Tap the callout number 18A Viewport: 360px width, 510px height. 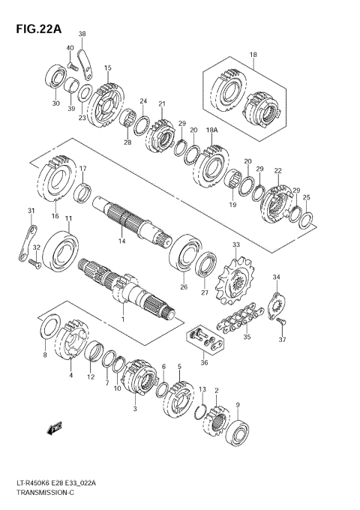pyautogui.click(x=212, y=130)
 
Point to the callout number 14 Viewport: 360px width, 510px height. pyautogui.click(x=121, y=241)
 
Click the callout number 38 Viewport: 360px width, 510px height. pyautogui.click(x=82, y=34)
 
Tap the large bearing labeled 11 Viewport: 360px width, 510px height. pyautogui.click(x=60, y=250)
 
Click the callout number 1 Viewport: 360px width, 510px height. pyautogui.click(x=122, y=319)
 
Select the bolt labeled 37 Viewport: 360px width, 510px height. pyautogui.click(x=282, y=322)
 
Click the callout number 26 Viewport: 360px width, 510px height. pyautogui.click(x=184, y=286)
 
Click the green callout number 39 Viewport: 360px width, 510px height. pyautogui.click(x=72, y=108)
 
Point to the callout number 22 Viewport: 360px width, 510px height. pyautogui.click(x=277, y=171)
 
